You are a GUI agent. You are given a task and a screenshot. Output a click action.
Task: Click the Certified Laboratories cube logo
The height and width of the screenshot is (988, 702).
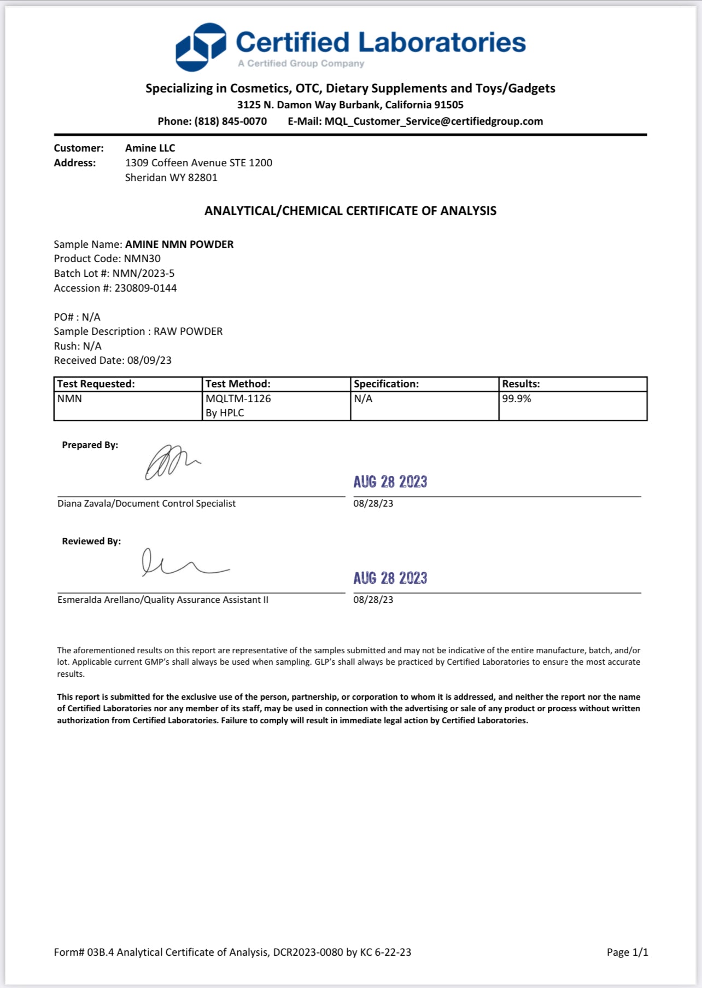click(x=201, y=47)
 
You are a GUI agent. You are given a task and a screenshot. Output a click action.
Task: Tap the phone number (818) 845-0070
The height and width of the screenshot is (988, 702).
click(x=230, y=121)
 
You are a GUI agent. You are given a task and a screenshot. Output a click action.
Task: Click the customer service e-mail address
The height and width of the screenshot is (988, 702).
click(x=434, y=121)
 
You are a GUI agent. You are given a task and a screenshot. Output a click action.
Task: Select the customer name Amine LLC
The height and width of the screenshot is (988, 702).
click(x=150, y=148)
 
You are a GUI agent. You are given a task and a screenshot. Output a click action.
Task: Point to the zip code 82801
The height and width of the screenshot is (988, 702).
click(x=203, y=178)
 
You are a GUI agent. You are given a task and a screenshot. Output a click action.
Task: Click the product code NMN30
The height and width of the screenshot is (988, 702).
click(x=142, y=259)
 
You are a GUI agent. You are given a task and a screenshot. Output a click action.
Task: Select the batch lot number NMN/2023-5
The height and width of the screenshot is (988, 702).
click(x=143, y=274)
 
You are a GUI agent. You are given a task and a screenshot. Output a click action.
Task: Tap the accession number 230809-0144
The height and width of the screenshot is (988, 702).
click(x=145, y=288)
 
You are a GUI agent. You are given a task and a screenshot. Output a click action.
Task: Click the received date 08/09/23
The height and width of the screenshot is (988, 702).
click(x=149, y=361)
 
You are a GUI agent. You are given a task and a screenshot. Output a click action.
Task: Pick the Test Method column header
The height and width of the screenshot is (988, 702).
click(x=238, y=384)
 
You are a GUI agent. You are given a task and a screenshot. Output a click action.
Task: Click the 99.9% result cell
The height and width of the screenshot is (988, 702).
click(x=517, y=399)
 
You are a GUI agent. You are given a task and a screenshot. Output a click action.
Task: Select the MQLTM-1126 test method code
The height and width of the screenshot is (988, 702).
click(x=238, y=399)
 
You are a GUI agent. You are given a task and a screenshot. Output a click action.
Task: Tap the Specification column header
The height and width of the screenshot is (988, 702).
click(x=386, y=384)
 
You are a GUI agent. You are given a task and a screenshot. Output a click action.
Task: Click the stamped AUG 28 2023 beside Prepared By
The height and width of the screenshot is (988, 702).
click(x=390, y=482)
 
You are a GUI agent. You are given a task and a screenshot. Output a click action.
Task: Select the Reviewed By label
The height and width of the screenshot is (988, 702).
click(x=91, y=542)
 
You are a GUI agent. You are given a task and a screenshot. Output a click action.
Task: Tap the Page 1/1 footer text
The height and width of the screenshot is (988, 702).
click(x=627, y=952)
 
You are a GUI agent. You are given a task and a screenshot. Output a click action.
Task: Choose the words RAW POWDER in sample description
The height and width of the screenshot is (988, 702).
click(x=188, y=332)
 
